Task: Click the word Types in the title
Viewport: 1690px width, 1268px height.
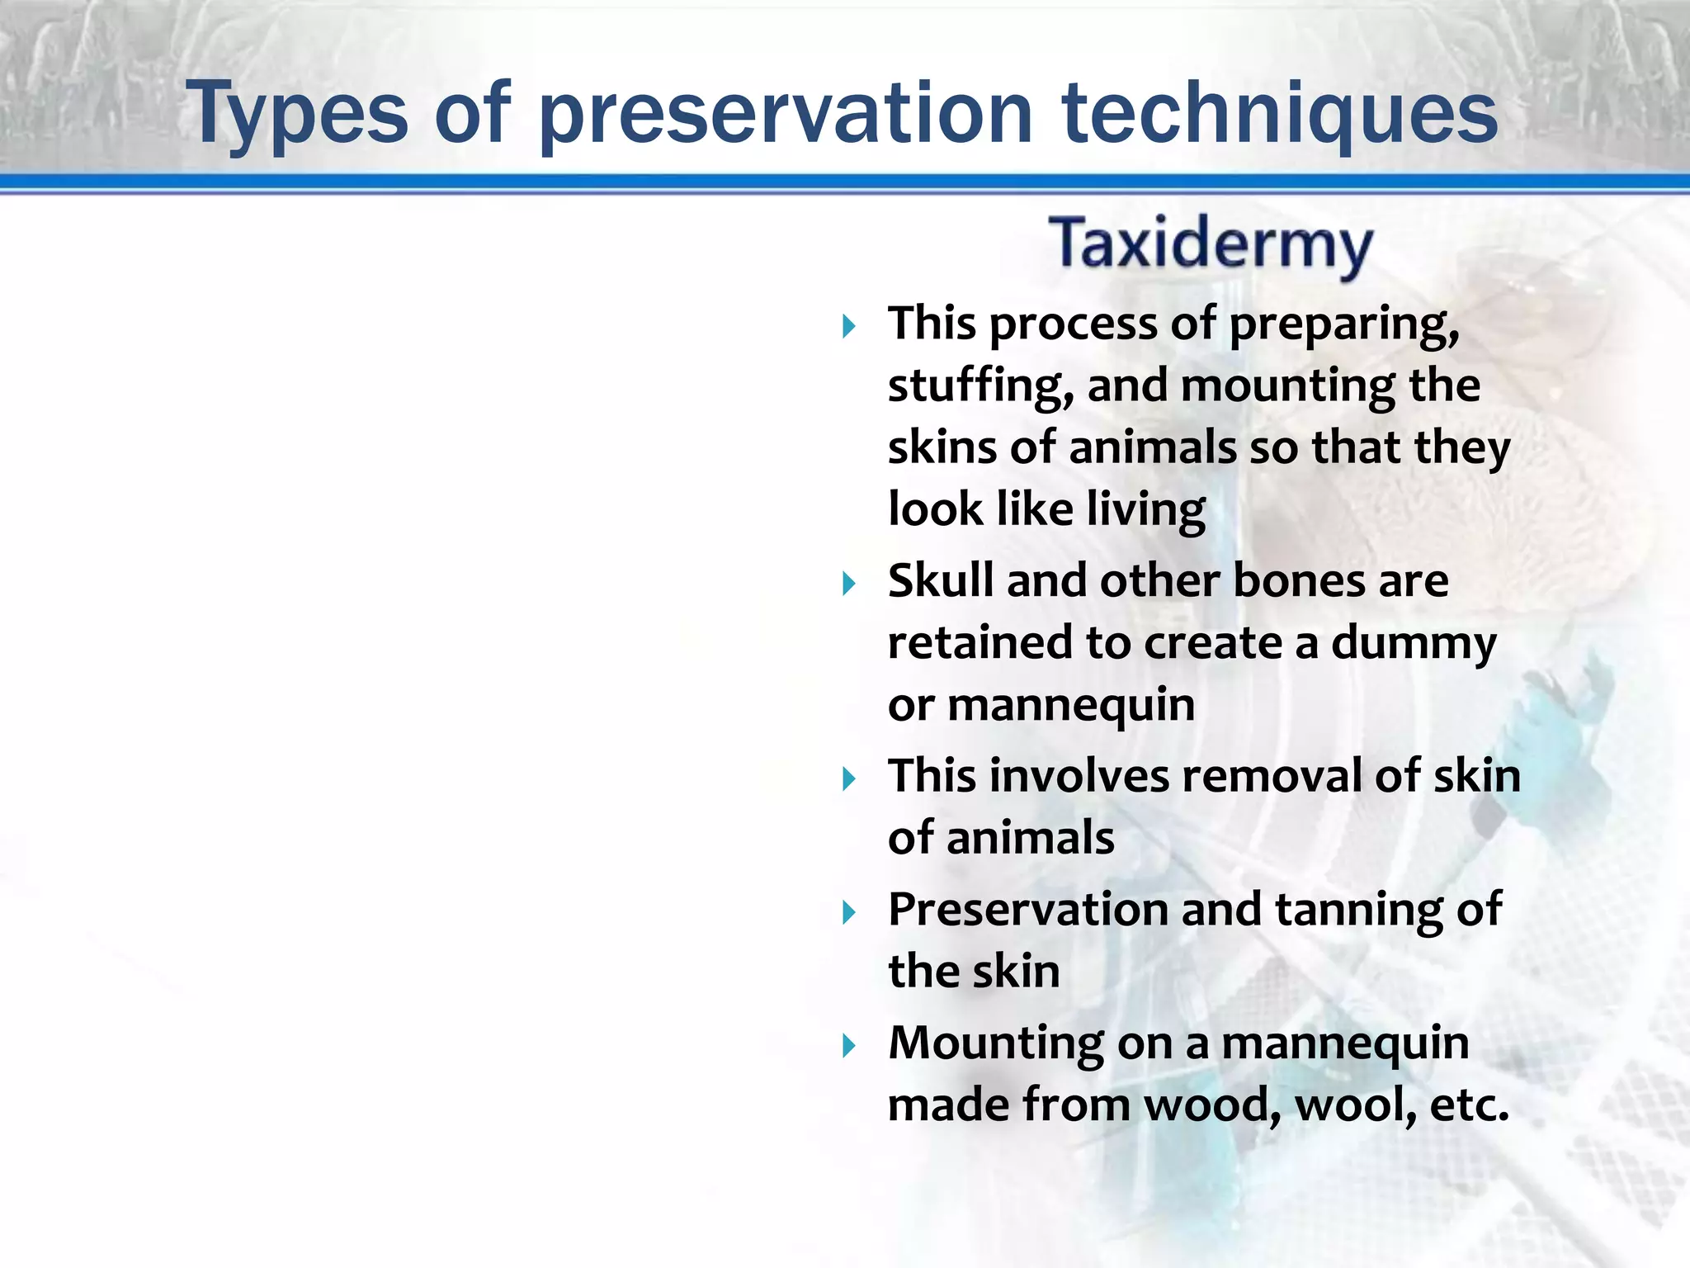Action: [x=297, y=113]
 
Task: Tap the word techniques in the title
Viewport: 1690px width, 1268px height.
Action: [x=1280, y=113]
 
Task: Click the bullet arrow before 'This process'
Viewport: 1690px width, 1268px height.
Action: [x=849, y=327]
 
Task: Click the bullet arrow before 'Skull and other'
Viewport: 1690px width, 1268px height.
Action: [x=849, y=584]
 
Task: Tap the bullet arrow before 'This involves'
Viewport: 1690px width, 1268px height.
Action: [x=849, y=779]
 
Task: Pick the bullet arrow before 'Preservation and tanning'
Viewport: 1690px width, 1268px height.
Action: [x=849, y=913]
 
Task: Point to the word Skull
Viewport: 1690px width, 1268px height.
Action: [x=941, y=580]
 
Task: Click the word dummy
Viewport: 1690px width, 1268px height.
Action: [x=1414, y=644]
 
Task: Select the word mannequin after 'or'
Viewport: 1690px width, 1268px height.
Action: [x=1071, y=706]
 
